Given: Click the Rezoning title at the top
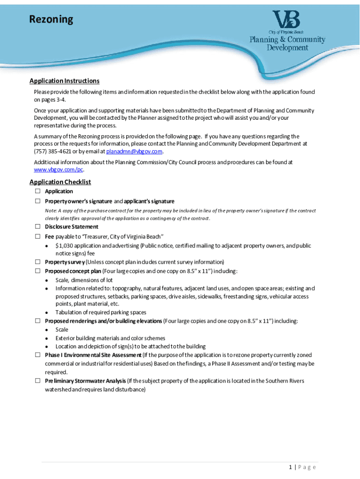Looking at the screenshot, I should (x=51, y=20).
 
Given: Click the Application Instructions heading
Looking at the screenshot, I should (x=65, y=81).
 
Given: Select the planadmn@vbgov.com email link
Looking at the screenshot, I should (x=134, y=152).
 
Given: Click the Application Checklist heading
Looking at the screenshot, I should (x=60, y=182).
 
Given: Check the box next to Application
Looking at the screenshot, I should (x=37, y=191).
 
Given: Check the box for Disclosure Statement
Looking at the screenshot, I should (x=37, y=227).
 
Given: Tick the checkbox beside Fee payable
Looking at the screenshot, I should (x=37, y=236).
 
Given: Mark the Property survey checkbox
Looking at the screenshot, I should (x=37, y=262).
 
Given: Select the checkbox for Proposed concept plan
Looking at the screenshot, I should (x=37, y=271).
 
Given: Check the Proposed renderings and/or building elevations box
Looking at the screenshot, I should (x=37, y=321).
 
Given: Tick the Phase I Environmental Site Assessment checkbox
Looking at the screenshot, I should (x=37, y=355).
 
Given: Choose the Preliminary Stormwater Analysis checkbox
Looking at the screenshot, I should (x=37, y=381).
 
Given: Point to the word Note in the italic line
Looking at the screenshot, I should (x=50, y=210).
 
